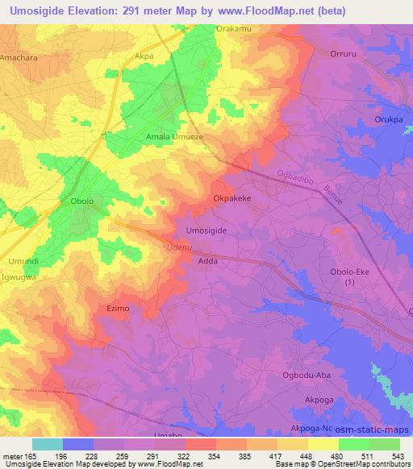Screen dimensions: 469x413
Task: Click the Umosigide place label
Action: click(x=206, y=230)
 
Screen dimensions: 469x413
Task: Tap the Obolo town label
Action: click(x=77, y=201)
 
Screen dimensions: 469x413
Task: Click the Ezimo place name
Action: click(x=118, y=307)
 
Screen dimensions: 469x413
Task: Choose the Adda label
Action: click(x=208, y=262)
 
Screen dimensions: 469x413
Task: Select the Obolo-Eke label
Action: click(x=348, y=272)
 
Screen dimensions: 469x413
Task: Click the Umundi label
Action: click(x=19, y=262)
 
